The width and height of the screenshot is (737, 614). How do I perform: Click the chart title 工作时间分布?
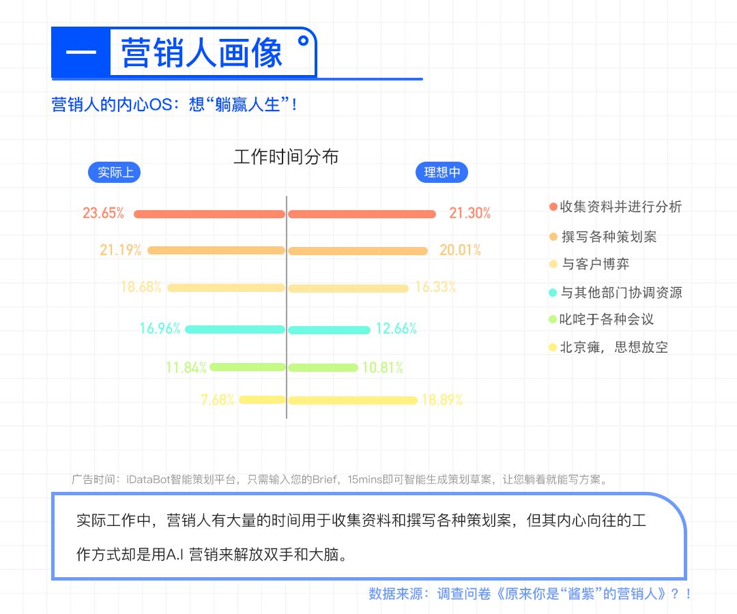(286, 157)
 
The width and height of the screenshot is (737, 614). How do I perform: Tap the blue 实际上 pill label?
(114, 173)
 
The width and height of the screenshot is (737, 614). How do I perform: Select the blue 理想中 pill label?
(442, 173)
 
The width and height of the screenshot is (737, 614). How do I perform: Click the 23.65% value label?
(104, 214)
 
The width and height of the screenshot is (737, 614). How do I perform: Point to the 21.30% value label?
(469, 214)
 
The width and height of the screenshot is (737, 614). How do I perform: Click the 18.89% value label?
(442, 400)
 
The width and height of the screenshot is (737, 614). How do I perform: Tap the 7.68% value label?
(218, 400)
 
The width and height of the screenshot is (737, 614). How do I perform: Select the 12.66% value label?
(396, 328)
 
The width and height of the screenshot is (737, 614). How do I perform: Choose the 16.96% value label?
(160, 328)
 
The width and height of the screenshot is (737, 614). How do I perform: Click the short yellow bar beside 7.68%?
(262, 400)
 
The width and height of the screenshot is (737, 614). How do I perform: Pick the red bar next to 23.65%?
(209, 214)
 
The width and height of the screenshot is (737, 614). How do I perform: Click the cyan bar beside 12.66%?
(329, 330)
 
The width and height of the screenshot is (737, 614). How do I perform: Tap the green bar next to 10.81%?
(323, 367)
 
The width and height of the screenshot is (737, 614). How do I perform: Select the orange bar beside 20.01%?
(358, 251)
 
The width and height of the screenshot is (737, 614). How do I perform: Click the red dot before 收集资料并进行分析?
(553, 207)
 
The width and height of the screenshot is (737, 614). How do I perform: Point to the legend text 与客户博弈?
(596, 264)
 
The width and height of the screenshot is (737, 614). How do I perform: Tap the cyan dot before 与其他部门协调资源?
(553, 293)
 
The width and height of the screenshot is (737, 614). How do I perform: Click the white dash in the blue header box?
(81, 52)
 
